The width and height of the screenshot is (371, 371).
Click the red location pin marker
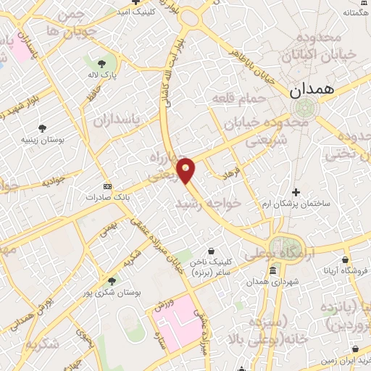(x=186, y=170)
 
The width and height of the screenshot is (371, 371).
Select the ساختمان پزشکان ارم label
(x=295, y=204)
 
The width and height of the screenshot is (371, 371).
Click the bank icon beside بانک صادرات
(x=107, y=185)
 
